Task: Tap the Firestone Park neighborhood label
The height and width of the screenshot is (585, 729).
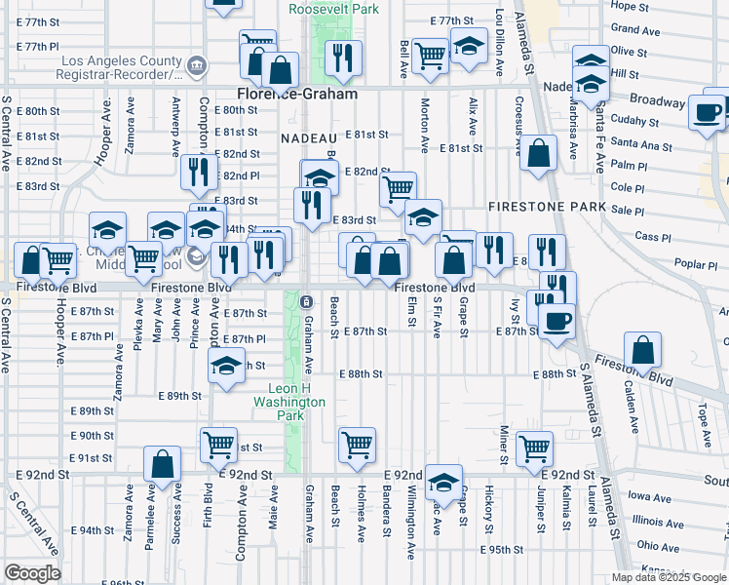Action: pos(535,207)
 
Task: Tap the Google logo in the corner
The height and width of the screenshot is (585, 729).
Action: pos(32,573)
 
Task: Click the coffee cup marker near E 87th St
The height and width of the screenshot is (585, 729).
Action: pos(556,322)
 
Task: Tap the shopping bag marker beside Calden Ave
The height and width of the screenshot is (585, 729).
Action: pos(643,350)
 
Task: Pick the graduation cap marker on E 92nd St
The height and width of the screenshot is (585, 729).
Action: pos(443,484)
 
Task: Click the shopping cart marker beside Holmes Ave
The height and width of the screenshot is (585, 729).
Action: pos(358,446)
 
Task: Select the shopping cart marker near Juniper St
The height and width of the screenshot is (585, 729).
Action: pos(534,448)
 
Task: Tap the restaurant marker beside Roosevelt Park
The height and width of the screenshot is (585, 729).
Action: pos(343,58)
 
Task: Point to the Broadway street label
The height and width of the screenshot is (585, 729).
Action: pos(657,100)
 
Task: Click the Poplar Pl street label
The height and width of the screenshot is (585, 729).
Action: pos(695,264)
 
